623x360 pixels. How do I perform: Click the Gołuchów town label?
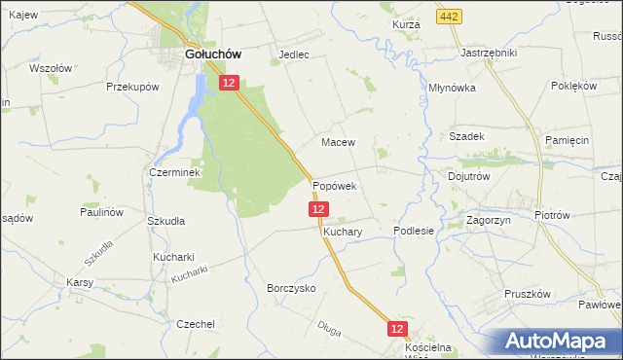point(213,55)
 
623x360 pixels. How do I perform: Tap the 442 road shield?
point(449,18)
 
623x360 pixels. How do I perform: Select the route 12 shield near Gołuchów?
point(229,85)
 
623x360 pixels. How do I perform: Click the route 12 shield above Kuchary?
point(319,209)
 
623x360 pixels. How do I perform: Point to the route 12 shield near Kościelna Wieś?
point(397,331)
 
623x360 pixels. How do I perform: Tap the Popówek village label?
point(335,185)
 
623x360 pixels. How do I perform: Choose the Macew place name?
point(338,142)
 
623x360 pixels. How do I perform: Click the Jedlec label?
point(294,55)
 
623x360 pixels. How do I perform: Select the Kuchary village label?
point(343,233)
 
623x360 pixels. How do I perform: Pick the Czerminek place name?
point(174,172)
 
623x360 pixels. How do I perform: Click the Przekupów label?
point(132,87)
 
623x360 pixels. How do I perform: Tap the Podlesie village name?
point(413,231)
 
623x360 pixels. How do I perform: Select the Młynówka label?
point(452,88)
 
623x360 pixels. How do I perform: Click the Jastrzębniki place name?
point(489,53)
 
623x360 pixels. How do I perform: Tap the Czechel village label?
point(195,324)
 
